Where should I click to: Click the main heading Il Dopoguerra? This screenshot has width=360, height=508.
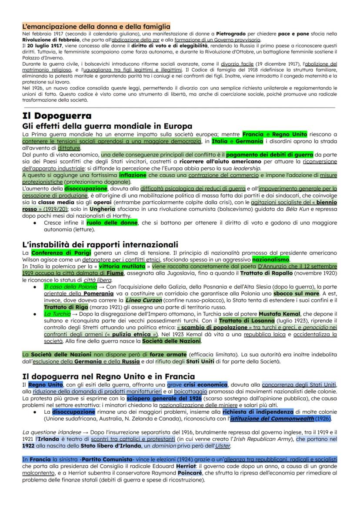57,116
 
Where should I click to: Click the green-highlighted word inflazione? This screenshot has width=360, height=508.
133,175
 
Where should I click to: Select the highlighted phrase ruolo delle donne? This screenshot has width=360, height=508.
112,222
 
